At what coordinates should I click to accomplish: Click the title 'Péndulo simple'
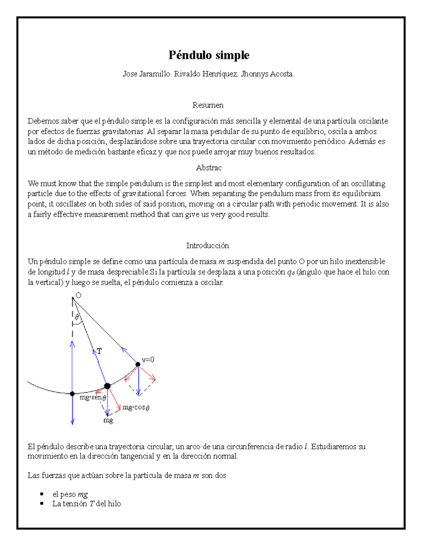click(209, 55)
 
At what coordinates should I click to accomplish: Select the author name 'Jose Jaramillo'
click(147, 74)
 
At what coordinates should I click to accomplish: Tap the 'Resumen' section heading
click(208, 105)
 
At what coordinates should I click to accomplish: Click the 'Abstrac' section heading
click(209, 168)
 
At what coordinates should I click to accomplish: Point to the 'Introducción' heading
click(207, 245)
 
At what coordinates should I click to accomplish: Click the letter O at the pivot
click(78, 295)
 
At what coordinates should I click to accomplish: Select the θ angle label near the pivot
click(77, 317)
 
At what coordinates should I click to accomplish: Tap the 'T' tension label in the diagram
click(100, 351)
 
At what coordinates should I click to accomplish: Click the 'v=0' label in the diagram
click(148, 360)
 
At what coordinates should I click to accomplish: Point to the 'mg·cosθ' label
click(136, 407)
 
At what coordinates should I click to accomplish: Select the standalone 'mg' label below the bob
click(108, 420)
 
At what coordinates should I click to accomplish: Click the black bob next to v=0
click(138, 365)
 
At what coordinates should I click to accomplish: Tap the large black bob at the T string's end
click(107, 386)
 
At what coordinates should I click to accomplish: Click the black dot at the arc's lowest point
click(72, 394)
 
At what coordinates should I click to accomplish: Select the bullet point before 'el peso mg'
click(42, 494)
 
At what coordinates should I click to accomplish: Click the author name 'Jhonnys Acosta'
click(267, 74)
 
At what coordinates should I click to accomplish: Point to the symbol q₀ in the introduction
click(290, 272)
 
